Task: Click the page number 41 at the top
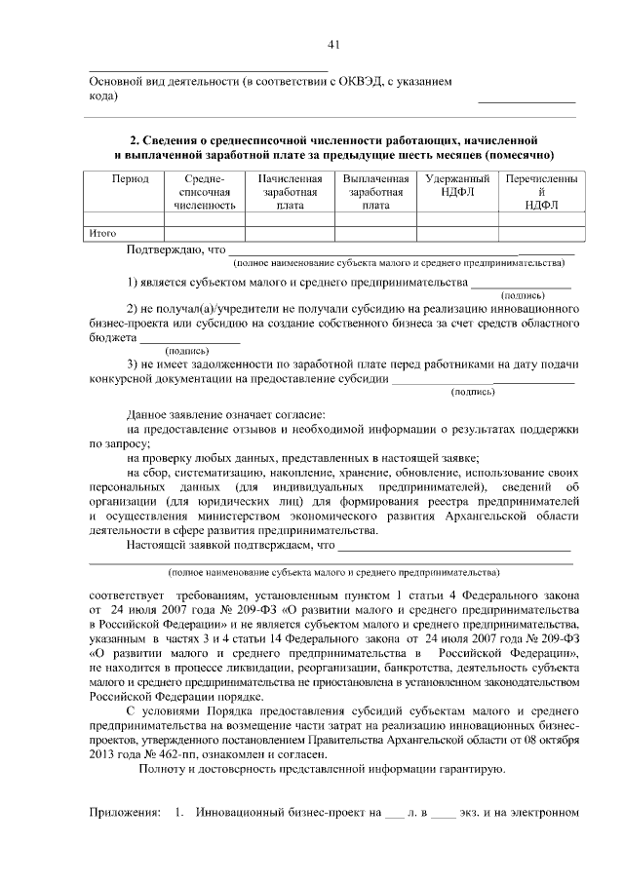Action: point(333,44)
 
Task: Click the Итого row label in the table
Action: point(103,233)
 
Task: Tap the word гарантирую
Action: point(474,770)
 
